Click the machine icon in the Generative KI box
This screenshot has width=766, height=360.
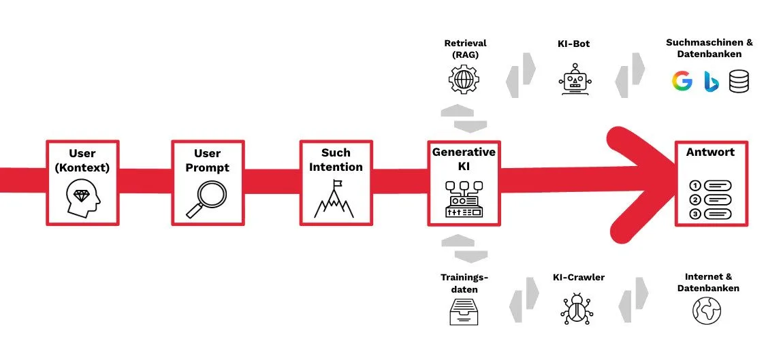point(464,198)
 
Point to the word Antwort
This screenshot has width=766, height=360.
point(711,152)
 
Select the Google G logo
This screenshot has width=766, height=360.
point(682,82)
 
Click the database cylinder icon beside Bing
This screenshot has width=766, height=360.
point(739,82)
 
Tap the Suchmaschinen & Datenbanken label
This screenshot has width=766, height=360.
point(709,48)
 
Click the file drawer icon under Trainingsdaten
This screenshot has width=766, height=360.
point(464,311)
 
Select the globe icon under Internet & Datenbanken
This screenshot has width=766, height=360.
point(706,310)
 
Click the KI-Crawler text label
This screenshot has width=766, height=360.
point(579,277)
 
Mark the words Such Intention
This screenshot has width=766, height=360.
point(336,159)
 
